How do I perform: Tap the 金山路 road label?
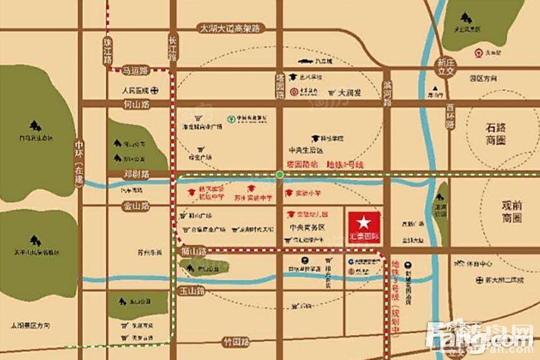click(136, 204)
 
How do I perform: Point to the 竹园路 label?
click(236, 342)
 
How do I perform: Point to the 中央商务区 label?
click(305, 227)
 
